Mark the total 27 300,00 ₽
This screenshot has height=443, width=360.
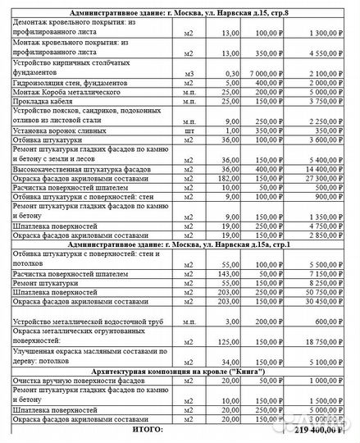(325, 177)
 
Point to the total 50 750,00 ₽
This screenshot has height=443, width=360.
(325, 290)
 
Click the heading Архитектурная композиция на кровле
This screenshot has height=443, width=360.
(180, 371)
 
